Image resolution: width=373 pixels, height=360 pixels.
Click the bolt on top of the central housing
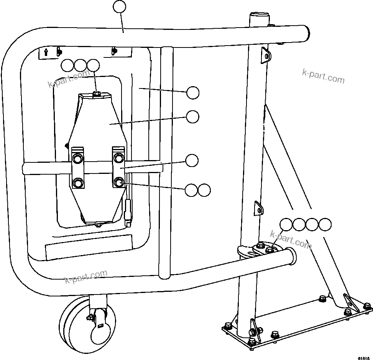[x=97, y=93]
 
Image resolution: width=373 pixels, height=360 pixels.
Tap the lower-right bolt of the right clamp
[x=119, y=182]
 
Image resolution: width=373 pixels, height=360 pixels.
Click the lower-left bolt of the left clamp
[x=78, y=183]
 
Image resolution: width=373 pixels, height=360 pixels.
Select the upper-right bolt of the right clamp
[x=119, y=157]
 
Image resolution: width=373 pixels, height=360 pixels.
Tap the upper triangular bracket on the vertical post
[x=265, y=55]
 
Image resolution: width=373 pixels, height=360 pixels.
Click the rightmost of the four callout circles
[x=325, y=224]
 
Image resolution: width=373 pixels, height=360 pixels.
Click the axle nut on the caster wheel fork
[x=90, y=317]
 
